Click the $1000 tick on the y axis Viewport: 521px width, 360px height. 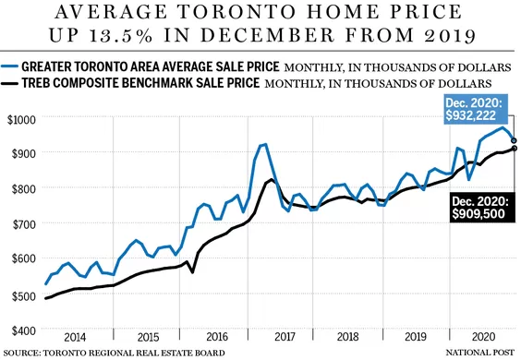21,119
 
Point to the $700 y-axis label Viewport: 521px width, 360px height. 24,225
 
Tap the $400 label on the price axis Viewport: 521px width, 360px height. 24,330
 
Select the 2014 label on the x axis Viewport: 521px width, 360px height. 75,337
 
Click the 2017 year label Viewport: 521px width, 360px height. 285,337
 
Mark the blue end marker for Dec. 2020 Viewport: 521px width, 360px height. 514,140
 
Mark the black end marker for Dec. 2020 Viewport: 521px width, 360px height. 515,148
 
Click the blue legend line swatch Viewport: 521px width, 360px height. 9,66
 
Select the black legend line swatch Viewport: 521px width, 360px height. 9,83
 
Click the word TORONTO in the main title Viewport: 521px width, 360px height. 236,12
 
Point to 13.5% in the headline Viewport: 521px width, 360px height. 120,35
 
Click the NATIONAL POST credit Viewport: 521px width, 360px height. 479,353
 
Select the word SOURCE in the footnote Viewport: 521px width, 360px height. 21,353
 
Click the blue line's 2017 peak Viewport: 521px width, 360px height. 265,144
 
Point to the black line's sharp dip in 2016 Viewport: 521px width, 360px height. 192,272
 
